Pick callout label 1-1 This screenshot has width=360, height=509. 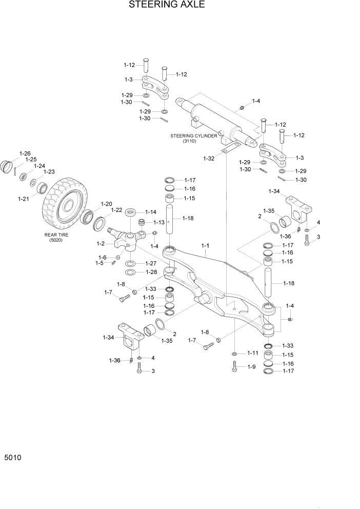coord(205,246)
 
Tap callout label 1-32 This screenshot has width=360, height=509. coord(209,159)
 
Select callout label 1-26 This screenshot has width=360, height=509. coord(25,153)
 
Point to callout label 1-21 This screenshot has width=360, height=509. coord(24,199)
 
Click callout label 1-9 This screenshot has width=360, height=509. coord(251,367)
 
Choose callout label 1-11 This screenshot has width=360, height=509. coord(252,354)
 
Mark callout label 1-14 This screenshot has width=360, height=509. coord(150,211)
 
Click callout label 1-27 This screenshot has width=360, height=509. coord(150,263)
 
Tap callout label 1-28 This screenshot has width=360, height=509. coord(150,272)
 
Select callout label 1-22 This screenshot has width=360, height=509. coord(116,210)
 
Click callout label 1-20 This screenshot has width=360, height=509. coord(106,204)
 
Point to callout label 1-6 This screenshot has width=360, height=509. coord(103,258)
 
